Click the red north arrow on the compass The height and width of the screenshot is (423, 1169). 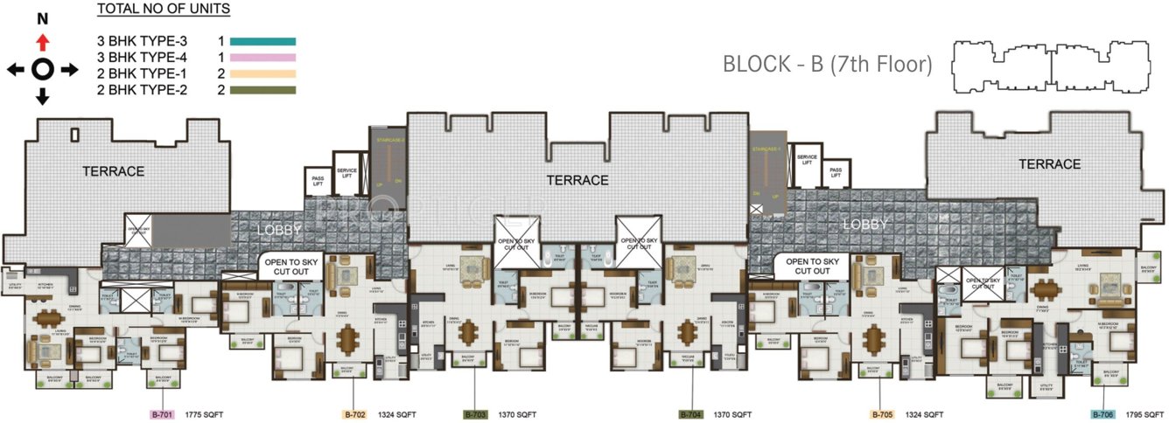(x=42, y=42)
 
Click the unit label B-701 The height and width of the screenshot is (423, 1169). (x=163, y=413)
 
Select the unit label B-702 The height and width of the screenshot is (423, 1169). (x=353, y=413)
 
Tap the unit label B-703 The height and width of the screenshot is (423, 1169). (x=475, y=413)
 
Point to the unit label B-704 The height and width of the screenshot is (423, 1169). (x=691, y=413)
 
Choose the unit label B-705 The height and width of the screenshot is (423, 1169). (x=883, y=413)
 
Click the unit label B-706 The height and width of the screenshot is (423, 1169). (x=1102, y=413)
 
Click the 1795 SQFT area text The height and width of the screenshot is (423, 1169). (x=1141, y=413)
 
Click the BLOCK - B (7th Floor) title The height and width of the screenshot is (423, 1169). (x=827, y=64)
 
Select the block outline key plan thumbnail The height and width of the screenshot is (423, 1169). (x=1050, y=66)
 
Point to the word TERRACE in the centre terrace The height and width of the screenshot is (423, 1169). (x=577, y=180)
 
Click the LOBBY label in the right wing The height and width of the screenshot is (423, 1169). (x=864, y=225)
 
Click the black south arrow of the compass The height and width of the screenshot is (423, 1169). (x=42, y=96)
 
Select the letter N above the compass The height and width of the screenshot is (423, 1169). (x=42, y=18)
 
